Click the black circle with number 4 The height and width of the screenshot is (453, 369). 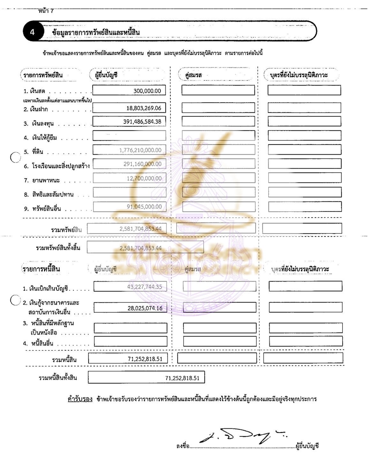32,32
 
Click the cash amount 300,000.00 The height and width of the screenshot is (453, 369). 147,91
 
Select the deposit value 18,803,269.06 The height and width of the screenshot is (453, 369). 144,108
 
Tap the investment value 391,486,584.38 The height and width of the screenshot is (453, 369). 142,122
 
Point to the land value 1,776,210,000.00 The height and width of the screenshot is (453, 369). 140,150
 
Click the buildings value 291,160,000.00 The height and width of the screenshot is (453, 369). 142,164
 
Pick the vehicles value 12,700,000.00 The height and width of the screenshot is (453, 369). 144,178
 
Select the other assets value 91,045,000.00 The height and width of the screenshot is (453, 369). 144,207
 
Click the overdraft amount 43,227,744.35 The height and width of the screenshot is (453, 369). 145,287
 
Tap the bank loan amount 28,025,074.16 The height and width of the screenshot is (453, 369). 145,308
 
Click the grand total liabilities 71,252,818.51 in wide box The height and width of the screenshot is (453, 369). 182,378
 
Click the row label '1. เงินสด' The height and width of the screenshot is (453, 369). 34,91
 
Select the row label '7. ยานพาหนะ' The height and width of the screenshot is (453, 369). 41,180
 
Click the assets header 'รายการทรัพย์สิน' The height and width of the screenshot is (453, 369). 43,75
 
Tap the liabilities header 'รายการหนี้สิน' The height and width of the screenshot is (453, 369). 41,269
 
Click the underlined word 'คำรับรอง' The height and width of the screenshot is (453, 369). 80,399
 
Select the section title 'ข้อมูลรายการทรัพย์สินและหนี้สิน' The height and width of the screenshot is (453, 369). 96,32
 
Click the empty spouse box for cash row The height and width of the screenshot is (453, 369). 218,90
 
